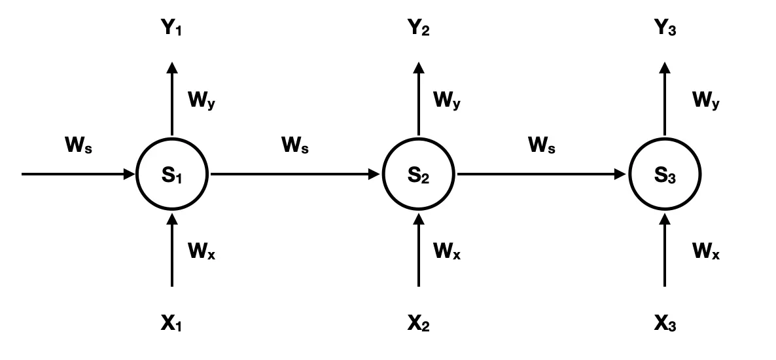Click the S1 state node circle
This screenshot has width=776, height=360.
tap(172, 175)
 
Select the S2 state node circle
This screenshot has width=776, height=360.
tap(419, 175)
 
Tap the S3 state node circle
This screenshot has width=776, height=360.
tap(665, 175)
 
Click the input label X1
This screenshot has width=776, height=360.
tap(172, 322)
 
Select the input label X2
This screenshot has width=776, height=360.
tap(419, 322)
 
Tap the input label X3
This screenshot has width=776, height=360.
tap(665, 322)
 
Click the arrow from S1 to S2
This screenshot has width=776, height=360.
tap(294, 175)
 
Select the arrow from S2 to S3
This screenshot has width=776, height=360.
tap(541, 175)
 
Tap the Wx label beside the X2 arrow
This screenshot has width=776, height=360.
tap(448, 250)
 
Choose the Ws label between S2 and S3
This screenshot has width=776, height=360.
tap(541, 145)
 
